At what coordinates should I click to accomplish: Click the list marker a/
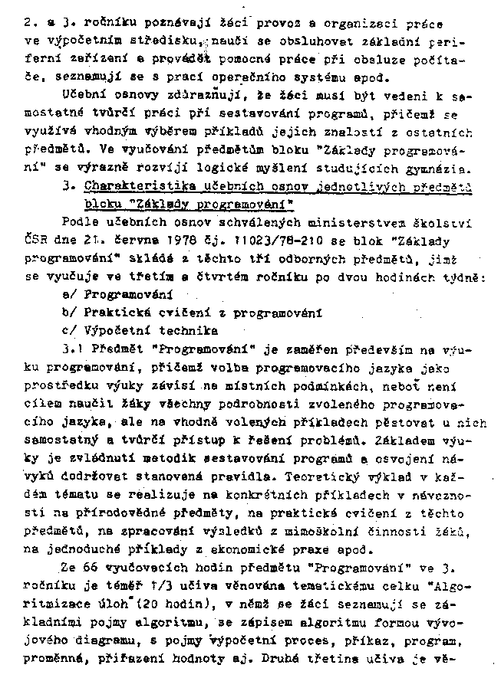pyautogui.click(x=70, y=294)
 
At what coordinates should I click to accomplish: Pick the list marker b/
pyautogui.click(x=70, y=313)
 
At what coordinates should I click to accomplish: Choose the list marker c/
pyautogui.click(x=70, y=331)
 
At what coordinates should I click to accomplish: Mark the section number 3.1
pyautogui.click(x=71, y=349)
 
